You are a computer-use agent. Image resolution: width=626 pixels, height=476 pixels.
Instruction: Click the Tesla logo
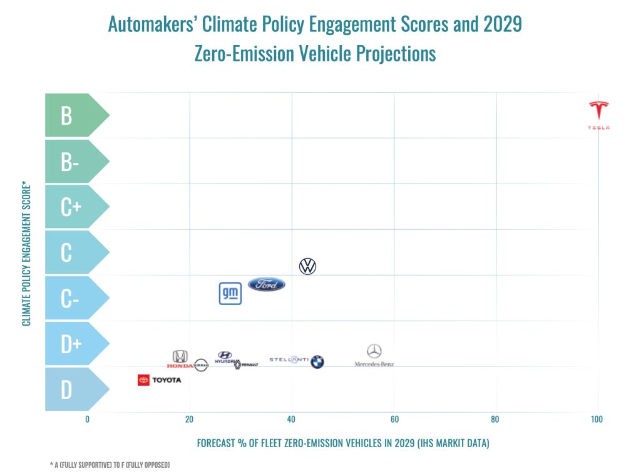pyautogui.click(x=599, y=115)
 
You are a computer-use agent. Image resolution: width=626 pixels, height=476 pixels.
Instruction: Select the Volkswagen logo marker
pyautogui.click(x=307, y=266)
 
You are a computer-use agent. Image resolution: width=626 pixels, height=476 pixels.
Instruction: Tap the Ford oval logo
pyautogui.click(x=267, y=284)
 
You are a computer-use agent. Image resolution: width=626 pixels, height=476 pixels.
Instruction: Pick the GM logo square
pyautogui.click(x=230, y=294)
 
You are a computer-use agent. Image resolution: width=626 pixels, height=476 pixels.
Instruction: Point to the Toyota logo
pyautogui.click(x=160, y=380)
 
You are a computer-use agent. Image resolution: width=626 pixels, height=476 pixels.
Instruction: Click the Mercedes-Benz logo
pyautogui.click(x=374, y=355)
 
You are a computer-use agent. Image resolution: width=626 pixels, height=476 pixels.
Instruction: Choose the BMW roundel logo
pyautogui.click(x=317, y=361)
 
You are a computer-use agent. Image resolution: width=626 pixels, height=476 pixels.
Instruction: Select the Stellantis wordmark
pyautogui.click(x=289, y=360)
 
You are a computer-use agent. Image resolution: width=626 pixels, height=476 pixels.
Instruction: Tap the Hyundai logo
pyautogui.click(x=224, y=358)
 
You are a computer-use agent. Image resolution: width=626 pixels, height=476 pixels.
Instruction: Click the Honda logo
pyautogui.click(x=180, y=359)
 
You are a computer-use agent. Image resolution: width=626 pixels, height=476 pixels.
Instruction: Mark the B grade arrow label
pyautogui.click(x=68, y=115)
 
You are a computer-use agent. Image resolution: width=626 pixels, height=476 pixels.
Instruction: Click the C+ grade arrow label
pyautogui.click(x=71, y=207)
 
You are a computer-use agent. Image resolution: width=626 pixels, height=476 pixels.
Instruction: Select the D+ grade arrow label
pyautogui.click(x=71, y=344)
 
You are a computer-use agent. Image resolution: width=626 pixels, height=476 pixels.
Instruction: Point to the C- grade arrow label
pyautogui.click(x=69, y=298)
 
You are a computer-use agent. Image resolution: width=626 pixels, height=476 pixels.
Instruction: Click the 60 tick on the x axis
pyautogui.click(x=394, y=419)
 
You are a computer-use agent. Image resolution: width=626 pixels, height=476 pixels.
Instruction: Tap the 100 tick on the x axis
pyautogui.click(x=597, y=419)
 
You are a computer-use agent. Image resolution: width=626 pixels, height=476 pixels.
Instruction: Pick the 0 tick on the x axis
pyautogui.click(x=87, y=419)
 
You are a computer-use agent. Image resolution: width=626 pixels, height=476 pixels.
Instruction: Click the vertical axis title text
pyautogui.click(x=26, y=253)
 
